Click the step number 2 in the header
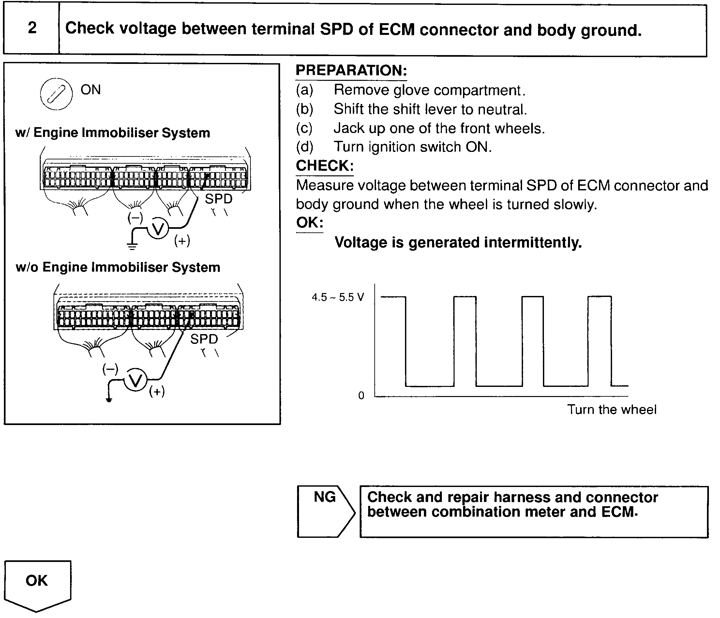(32, 28)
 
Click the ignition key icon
(56, 94)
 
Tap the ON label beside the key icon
(91, 90)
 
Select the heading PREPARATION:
(351, 70)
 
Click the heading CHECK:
(324, 166)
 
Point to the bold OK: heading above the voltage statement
(309, 223)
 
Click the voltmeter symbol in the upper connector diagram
(158, 229)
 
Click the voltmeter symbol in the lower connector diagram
(136, 380)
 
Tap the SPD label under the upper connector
(218, 199)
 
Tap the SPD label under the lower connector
(204, 339)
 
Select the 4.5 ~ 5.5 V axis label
(338, 297)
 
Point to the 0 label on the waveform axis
(361, 395)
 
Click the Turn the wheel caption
(612, 410)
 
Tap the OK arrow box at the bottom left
(37, 583)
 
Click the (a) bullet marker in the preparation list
(304, 90)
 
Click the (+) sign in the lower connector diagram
(157, 391)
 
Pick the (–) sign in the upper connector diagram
(135, 218)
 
